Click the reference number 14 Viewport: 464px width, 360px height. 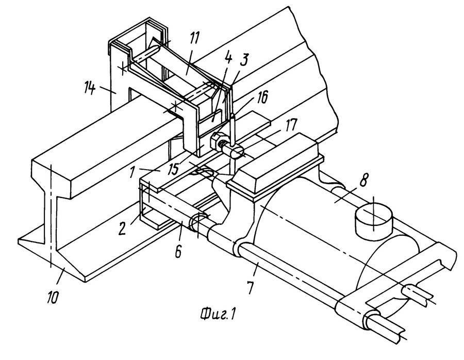(90, 88)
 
